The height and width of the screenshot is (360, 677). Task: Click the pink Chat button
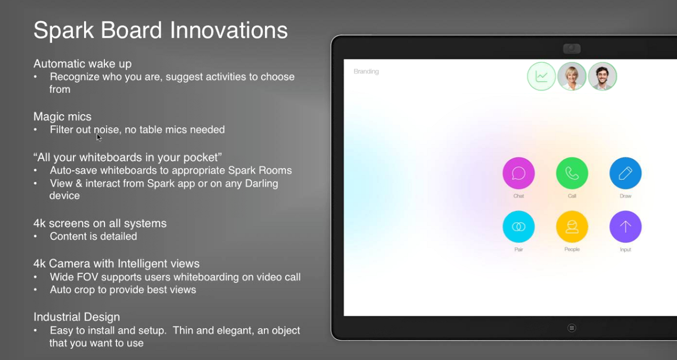[518, 174]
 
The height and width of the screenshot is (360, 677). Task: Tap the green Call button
[572, 174]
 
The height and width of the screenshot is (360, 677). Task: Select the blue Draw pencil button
[625, 174]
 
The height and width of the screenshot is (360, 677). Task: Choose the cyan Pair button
[518, 227]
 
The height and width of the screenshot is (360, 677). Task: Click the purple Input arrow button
[625, 227]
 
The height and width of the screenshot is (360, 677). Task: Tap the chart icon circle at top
[541, 76]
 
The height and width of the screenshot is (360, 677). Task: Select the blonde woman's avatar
[572, 76]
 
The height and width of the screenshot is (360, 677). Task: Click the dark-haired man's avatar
[602, 76]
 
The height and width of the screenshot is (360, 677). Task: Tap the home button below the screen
[572, 328]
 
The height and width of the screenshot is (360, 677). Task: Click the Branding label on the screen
[366, 71]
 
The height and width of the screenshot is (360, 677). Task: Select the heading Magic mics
[62, 117]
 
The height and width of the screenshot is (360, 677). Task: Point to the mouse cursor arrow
[98, 137]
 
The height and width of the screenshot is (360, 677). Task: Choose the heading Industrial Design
[77, 317]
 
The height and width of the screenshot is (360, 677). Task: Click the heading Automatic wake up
[82, 64]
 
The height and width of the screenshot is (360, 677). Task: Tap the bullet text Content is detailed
[93, 236]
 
